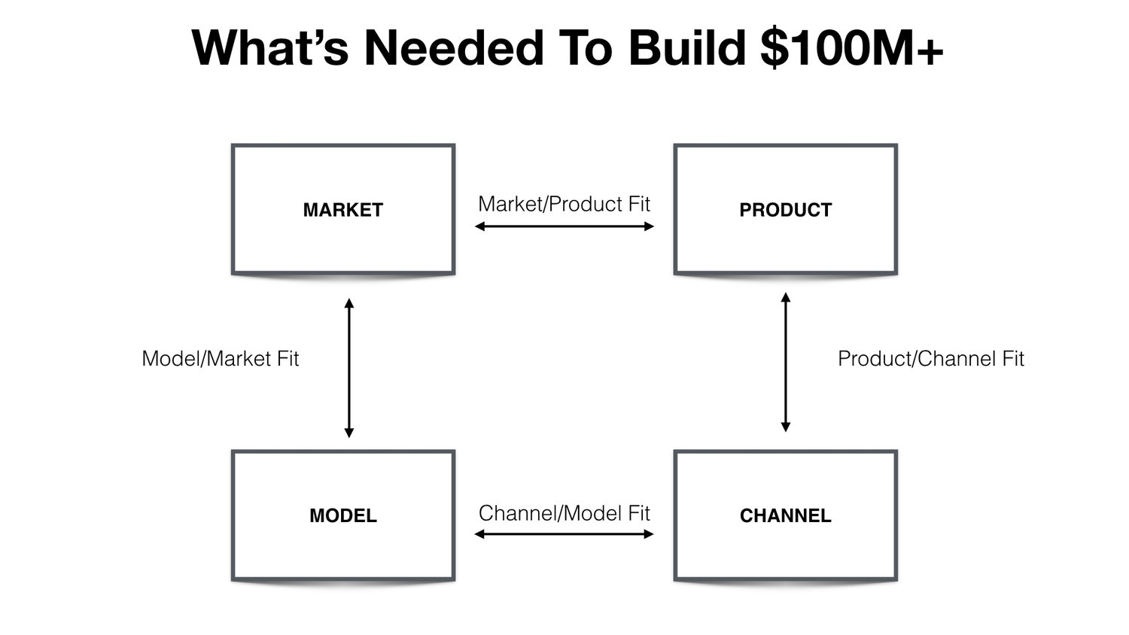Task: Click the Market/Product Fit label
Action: pyautogui.click(x=564, y=204)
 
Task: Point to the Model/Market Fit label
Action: pyautogui.click(x=221, y=359)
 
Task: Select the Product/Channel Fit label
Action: pyautogui.click(x=931, y=359)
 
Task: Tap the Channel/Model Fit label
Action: pyautogui.click(x=564, y=513)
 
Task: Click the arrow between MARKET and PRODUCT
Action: pyautogui.click(x=564, y=226)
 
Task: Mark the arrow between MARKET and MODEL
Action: pyautogui.click(x=348, y=368)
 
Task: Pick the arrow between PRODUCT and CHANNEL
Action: pyautogui.click(x=786, y=362)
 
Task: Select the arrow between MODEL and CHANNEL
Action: pyautogui.click(x=564, y=534)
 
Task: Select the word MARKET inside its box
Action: pyautogui.click(x=343, y=210)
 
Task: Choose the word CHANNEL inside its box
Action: pyautogui.click(x=785, y=516)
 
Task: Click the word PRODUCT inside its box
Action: pyautogui.click(x=785, y=210)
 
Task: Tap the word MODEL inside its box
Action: pyautogui.click(x=343, y=516)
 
